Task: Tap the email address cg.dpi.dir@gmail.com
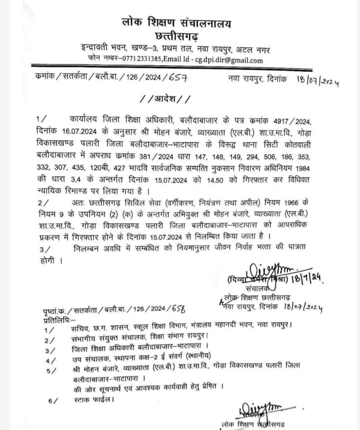click(x=228, y=60)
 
